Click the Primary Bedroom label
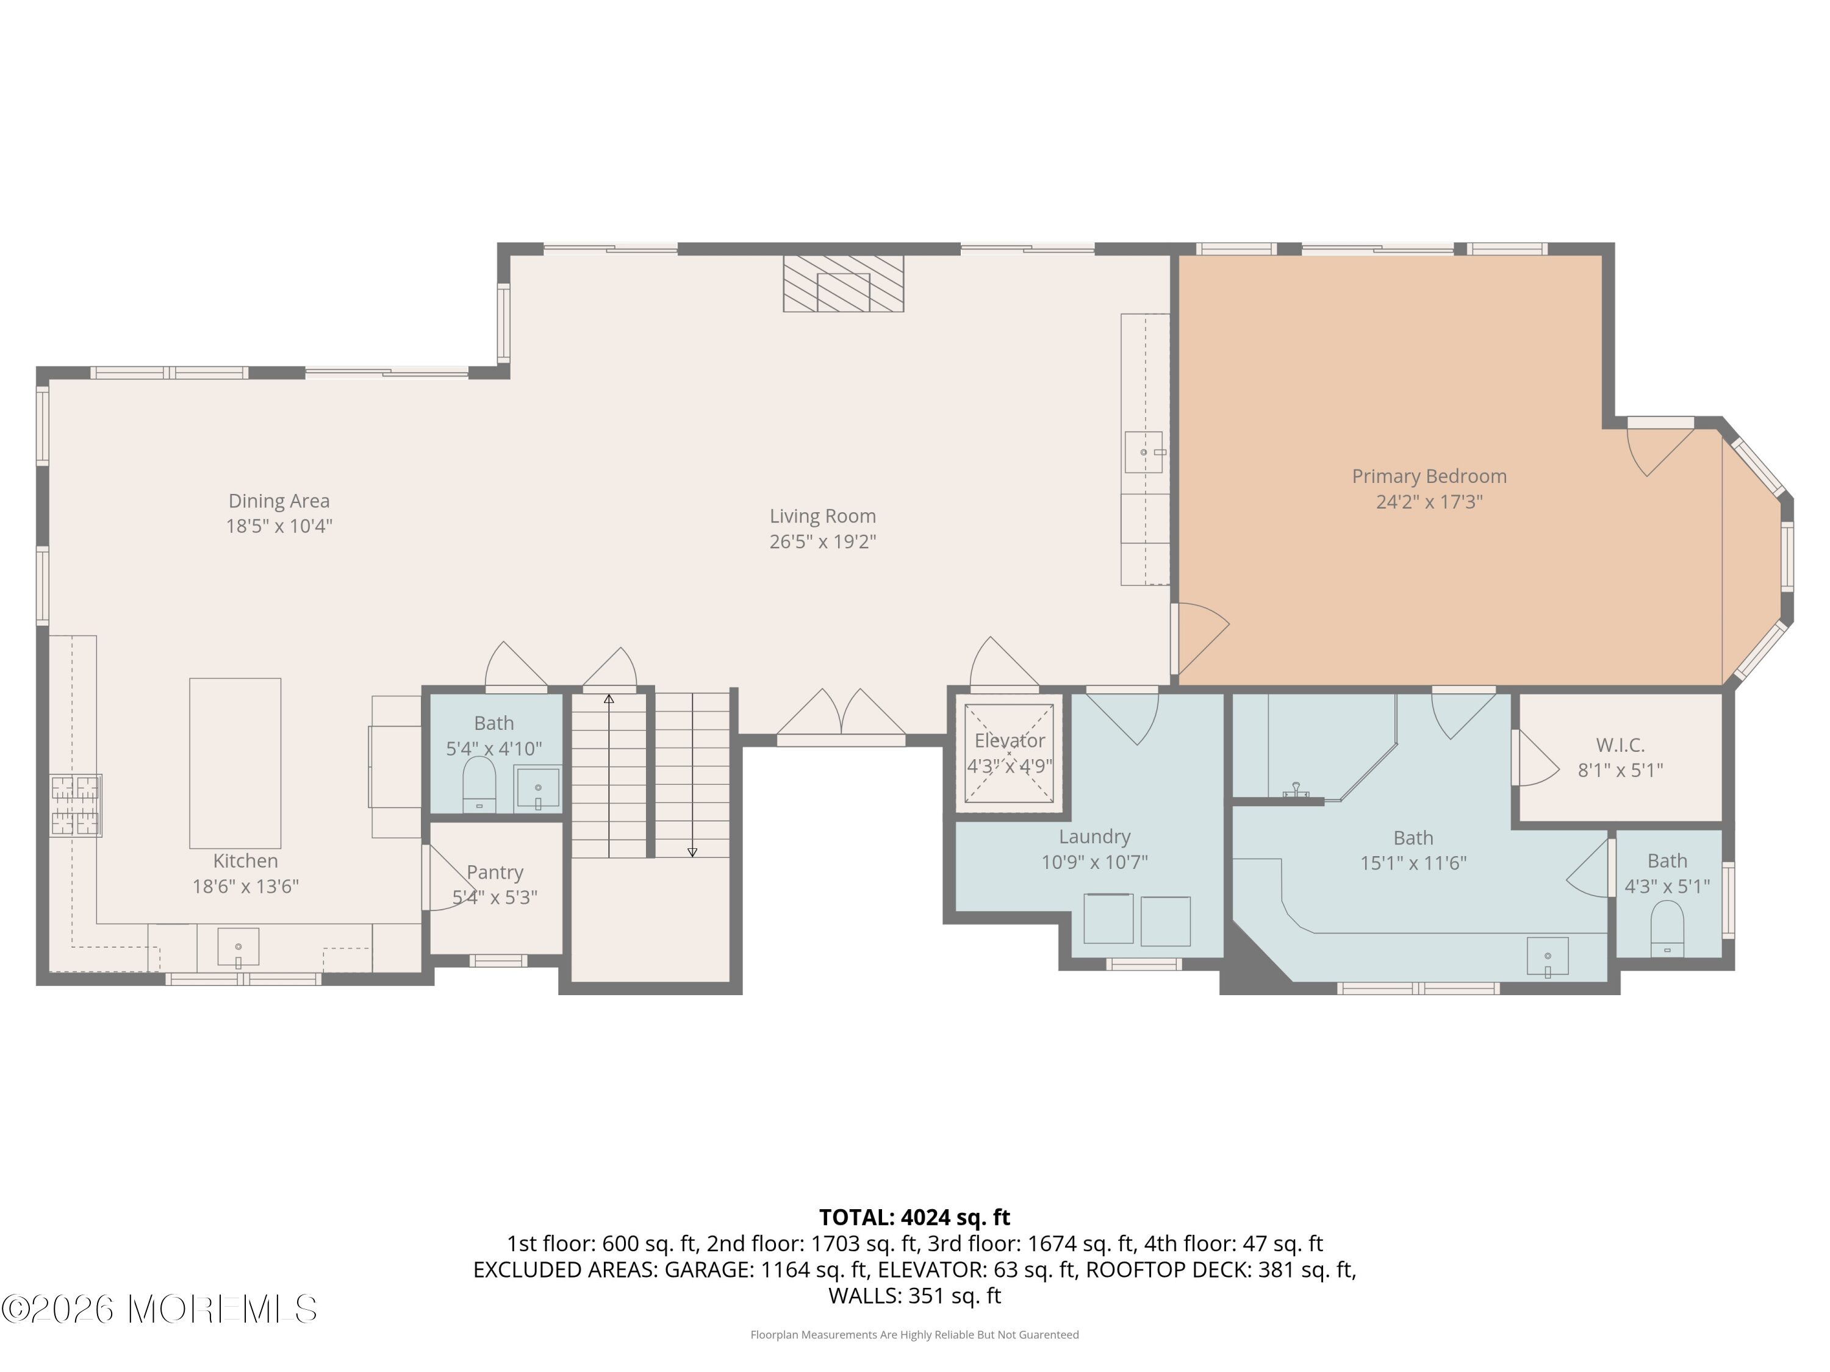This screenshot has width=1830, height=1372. coord(1429,476)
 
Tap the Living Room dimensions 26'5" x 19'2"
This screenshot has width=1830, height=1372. coord(822,541)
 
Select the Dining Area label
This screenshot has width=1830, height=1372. coord(279,501)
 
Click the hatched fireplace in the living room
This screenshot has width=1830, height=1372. coord(844,284)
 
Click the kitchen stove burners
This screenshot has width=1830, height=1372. coord(75,805)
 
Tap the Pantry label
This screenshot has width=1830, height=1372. coord(495,873)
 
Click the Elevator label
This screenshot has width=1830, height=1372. coord(1010,741)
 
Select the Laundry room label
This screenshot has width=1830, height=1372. coord(1094,837)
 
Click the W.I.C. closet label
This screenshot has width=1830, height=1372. coord(1620,745)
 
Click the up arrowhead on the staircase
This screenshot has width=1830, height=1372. coord(609,699)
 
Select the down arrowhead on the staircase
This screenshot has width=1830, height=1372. coord(692,852)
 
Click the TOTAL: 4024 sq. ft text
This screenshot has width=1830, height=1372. coord(914,1217)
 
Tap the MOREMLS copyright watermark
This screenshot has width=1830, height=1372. coord(159,1309)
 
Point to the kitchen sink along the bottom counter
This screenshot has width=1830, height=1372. coord(239,948)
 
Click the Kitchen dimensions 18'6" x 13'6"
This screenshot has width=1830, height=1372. coord(246,887)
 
